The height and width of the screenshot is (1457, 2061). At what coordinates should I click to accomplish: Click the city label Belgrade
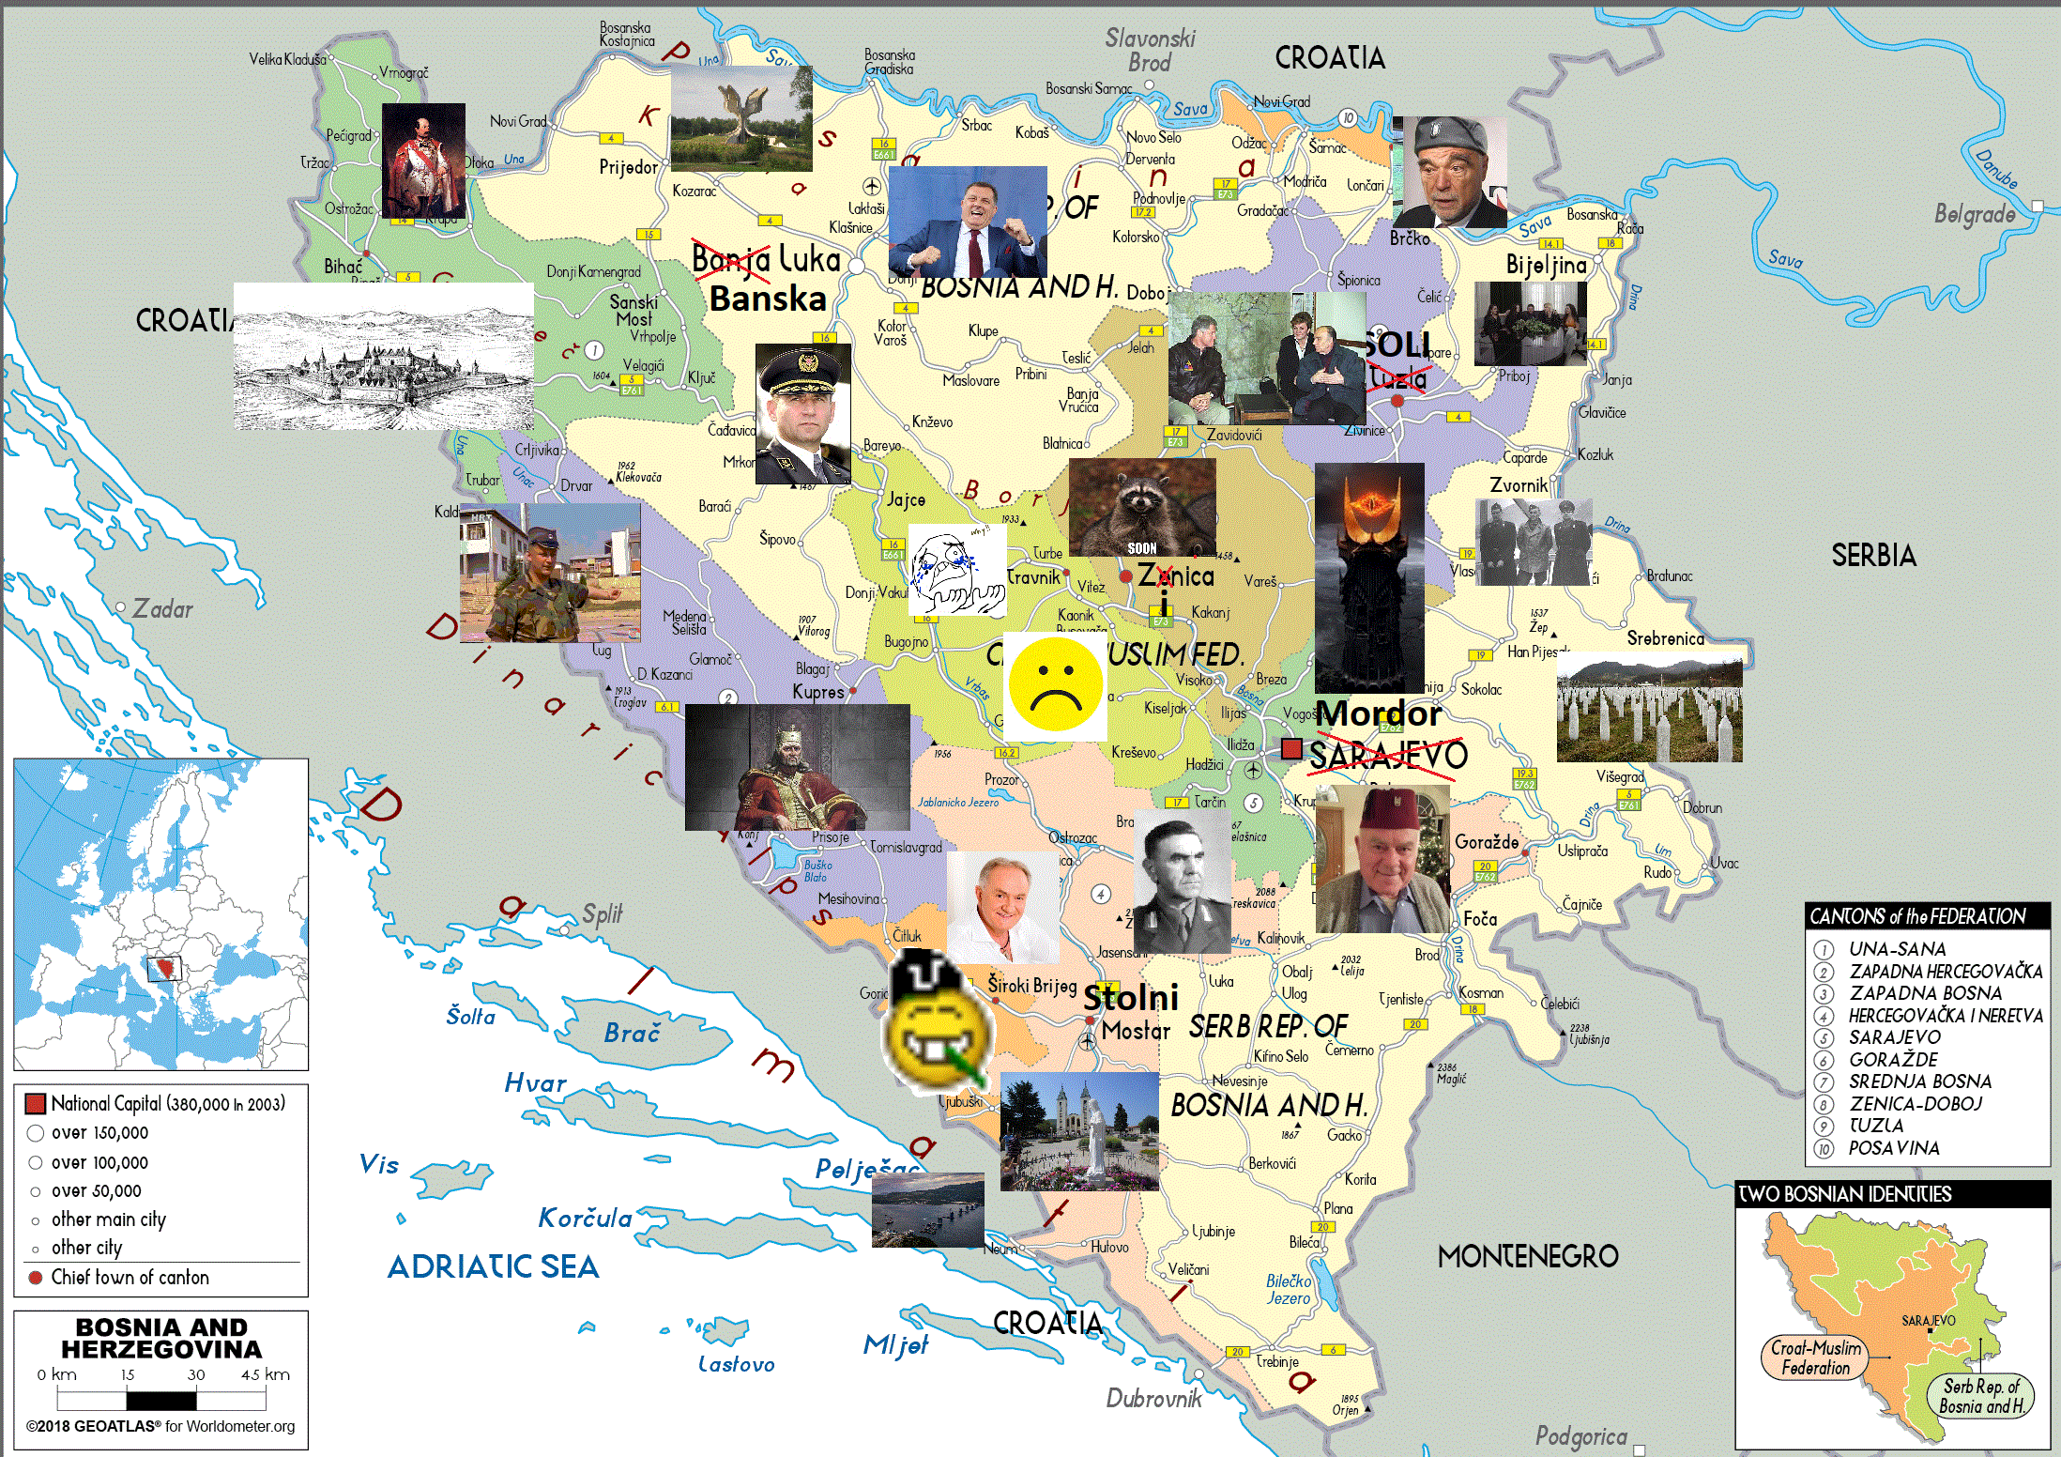pyautogui.click(x=1975, y=215)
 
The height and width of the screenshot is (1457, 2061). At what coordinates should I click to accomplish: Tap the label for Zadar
pyautogui.click(x=162, y=609)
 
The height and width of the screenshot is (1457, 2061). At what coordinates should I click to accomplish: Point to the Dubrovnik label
pyautogui.click(x=1153, y=1399)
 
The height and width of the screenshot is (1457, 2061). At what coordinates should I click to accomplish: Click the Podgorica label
pyautogui.click(x=1581, y=1436)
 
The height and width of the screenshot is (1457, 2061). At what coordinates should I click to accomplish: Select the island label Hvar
pyautogui.click(x=535, y=1083)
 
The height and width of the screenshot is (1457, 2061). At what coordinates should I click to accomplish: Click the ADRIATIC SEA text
pyautogui.click(x=493, y=1266)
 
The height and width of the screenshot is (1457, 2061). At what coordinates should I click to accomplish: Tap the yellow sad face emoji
pyautogui.click(x=1055, y=684)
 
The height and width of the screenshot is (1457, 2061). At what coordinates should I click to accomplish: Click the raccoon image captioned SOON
pyautogui.click(x=1142, y=507)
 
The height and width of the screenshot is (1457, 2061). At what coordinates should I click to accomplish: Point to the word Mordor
pyautogui.click(x=1378, y=713)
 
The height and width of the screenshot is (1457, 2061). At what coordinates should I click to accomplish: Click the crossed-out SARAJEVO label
pyautogui.click(x=1388, y=755)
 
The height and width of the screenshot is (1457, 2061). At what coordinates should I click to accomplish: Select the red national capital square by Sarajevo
pyautogui.click(x=1291, y=748)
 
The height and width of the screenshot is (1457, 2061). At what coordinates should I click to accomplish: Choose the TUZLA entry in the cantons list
pyautogui.click(x=1876, y=1126)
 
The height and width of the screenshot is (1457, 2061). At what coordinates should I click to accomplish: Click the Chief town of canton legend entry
pyautogui.click(x=130, y=1277)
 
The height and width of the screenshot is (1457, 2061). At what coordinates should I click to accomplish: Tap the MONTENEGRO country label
pyautogui.click(x=1528, y=1256)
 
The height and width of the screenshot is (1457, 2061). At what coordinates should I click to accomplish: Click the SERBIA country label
pyautogui.click(x=1873, y=556)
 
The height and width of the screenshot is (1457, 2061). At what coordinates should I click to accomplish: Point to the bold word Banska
pyautogui.click(x=768, y=299)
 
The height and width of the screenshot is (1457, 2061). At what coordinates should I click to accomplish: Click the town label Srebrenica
pyautogui.click(x=1665, y=638)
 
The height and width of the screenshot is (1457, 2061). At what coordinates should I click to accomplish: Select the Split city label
pyautogui.click(x=602, y=913)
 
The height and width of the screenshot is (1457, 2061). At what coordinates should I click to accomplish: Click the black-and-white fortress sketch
pyautogui.click(x=384, y=357)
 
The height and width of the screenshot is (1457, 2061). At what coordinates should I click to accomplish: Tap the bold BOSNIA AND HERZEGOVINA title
pyautogui.click(x=161, y=1338)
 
